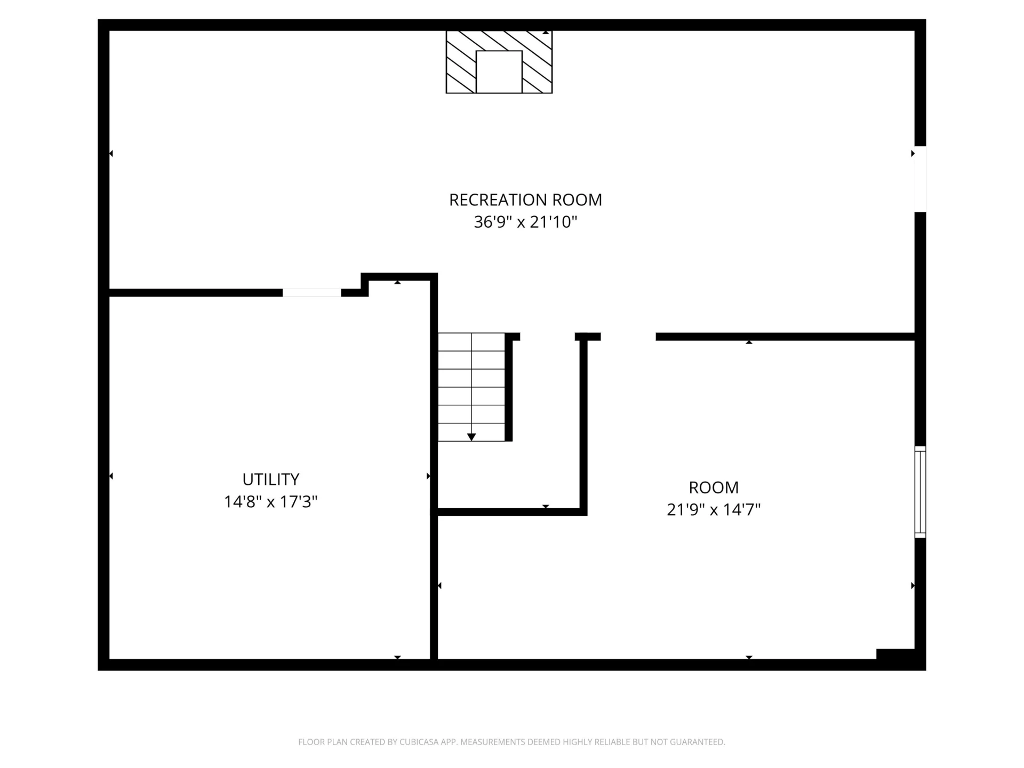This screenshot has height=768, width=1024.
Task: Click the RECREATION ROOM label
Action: pyautogui.click(x=525, y=200)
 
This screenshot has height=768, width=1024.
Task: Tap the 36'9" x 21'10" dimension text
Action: pyautogui.click(x=525, y=222)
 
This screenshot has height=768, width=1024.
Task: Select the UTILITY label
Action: pyautogui.click(x=271, y=479)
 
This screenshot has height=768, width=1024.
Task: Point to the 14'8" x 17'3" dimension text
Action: pyautogui.click(x=271, y=502)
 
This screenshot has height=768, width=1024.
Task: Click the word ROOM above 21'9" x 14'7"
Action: pyautogui.click(x=714, y=487)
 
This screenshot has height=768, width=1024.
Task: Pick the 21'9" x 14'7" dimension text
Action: pyautogui.click(x=714, y=510)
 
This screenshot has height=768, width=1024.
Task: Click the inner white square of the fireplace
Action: pyautogui.click(x=499, y=72)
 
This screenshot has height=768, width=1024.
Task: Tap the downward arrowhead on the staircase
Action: pyautogui.click(x=471, y=437)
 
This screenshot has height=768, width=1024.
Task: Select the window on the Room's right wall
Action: pyautogui.click(x=921, y=492)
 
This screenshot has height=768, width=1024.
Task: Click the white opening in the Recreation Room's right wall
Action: pyautogui.click(x=921, y=179)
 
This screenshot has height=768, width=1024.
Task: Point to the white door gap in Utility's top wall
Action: pyautogui.click(x=312, y=293)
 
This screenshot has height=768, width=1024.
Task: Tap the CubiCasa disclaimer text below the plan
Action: pyautogui.click(x=512, y=742)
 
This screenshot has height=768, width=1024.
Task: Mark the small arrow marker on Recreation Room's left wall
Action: pyautogui.click(x=111, y=154)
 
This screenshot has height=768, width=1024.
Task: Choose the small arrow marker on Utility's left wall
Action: pyautogui.click(x=111, y=476)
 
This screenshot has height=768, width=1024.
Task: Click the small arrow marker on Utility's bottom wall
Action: pyautogui.click(x=397, y=658)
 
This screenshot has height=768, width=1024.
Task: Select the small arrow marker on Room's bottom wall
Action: pyautogui.click(x=749, y=658)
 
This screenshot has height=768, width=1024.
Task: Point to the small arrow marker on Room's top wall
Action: pyautogui.click(x=749, y=342)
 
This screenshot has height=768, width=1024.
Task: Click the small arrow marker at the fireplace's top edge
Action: pyautogui.click(x=546, y=33)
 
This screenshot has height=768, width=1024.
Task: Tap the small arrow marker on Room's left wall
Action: pyautogui.click(x=439, y=586)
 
